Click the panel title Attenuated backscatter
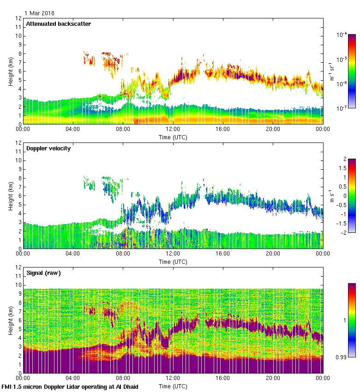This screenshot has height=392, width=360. (x=58, y=24)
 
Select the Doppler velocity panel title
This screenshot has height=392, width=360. (x=48, y=148)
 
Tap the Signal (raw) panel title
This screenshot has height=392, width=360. (x=43, y=273)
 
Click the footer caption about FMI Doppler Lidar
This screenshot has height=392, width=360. (x=70, y=386)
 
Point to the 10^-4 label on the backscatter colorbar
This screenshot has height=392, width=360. (x=342, y=35)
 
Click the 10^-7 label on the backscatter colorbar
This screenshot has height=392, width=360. (x=342, y=108)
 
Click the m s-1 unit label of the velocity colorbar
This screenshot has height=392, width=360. (x=332, y=196)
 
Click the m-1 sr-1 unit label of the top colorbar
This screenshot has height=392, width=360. (x=332, y=71)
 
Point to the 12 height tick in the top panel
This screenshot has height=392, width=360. (x=18, y=18)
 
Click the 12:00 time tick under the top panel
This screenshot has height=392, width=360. (x=173, y=129)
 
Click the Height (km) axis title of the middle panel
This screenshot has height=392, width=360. (x=11, y=196)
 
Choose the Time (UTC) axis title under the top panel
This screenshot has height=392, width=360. (x=173, y=137)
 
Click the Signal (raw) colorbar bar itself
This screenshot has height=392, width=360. (x=352, y=320)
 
